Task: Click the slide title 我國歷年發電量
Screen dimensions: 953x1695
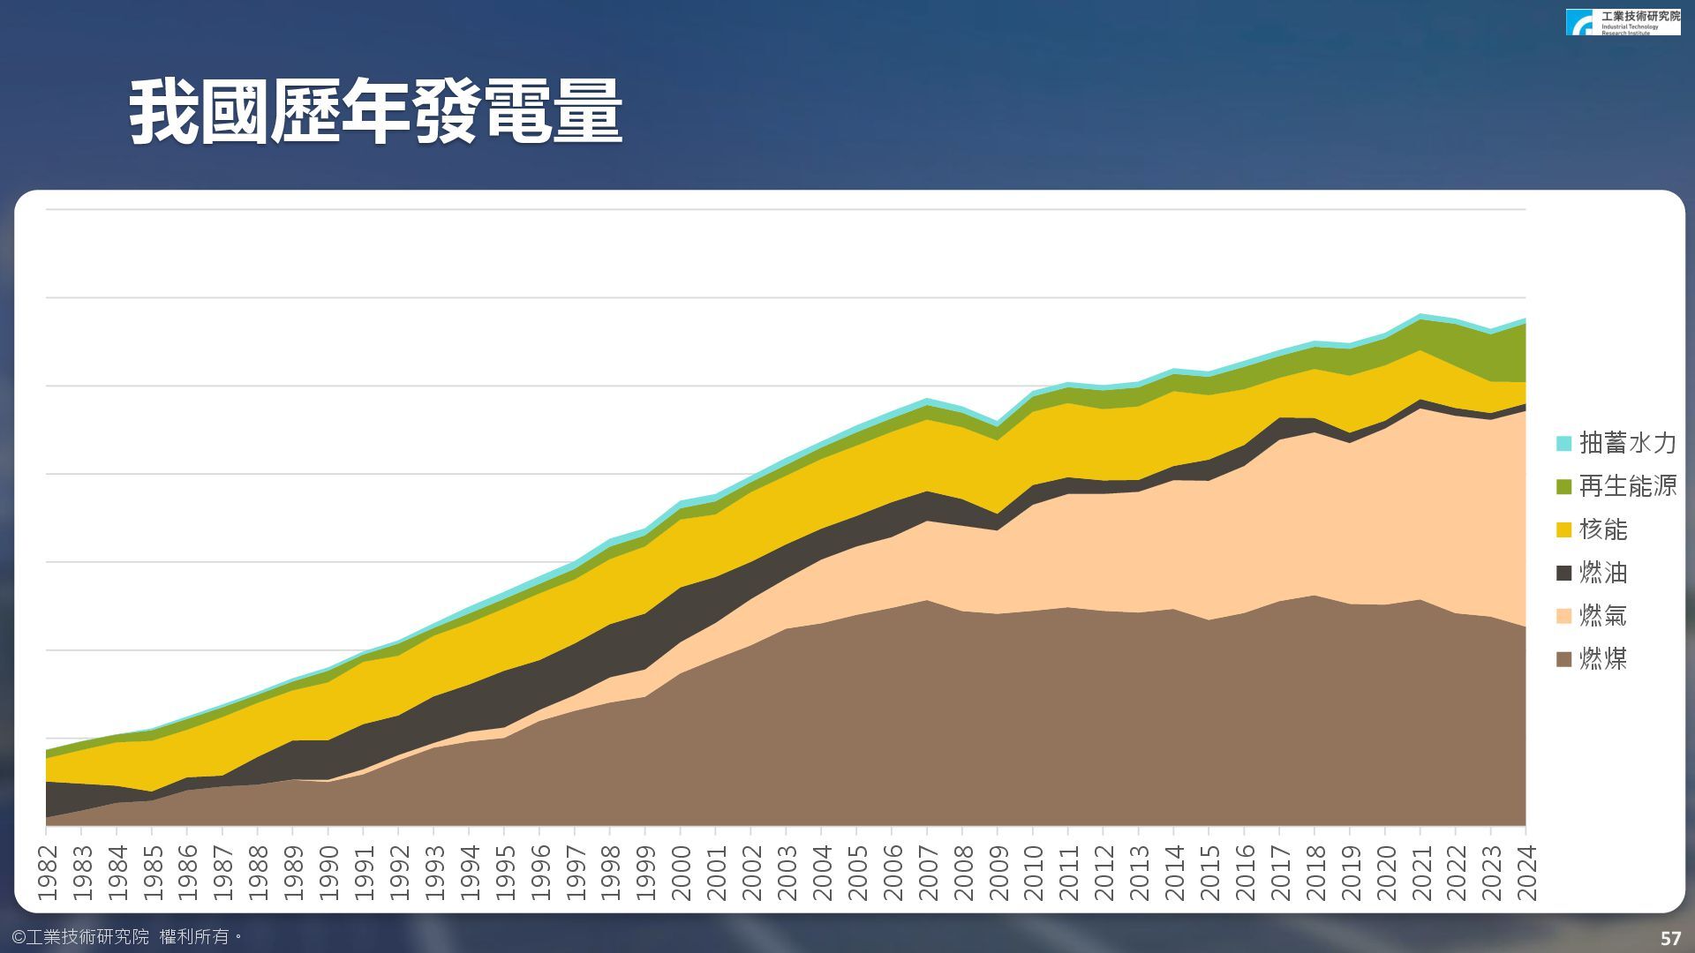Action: [376, 112]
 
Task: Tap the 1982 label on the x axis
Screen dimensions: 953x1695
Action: [47, 873]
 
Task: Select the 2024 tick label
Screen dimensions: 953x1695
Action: [1526, 873]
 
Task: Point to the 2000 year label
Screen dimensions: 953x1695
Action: [681, 873]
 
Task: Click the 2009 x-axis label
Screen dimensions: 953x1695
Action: [998, 873]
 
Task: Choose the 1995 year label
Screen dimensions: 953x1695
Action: [505, 873]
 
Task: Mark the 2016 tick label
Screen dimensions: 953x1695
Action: [1245, 873]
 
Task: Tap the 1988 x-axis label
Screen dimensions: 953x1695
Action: [258, 873]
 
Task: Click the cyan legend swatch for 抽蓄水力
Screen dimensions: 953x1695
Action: [1564, 443]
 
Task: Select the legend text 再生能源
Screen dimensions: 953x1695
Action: [1627, 486]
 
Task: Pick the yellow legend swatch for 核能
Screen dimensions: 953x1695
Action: [1564, 529]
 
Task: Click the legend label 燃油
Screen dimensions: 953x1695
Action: [1602, 573]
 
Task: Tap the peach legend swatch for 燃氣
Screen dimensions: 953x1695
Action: [1564, 616]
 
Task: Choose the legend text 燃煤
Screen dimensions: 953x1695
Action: [1602, 659]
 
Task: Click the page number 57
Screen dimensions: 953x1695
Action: [1670, 938]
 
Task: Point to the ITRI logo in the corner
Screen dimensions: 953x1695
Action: [1623, 22]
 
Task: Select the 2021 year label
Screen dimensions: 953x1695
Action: [1420, 873]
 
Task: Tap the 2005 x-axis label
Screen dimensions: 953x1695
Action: [857, 873]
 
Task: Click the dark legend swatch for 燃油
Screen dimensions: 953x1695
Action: [1564, 573]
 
